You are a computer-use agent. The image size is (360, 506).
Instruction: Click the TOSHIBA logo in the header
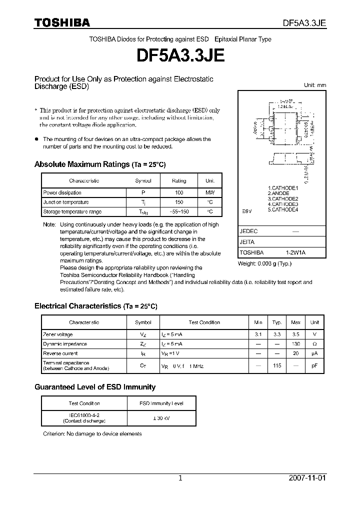click(62, 23)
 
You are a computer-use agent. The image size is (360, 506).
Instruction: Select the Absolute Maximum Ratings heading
click(99, 164)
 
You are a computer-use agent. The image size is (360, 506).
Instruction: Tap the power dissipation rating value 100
click(179, 192)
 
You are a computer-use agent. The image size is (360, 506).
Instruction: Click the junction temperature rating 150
click(179, 202)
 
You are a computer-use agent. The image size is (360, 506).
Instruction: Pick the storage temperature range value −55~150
click(179, 211)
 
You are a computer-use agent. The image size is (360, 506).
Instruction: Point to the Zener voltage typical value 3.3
click(276, 334)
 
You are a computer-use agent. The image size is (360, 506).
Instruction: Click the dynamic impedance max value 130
click(295, 344)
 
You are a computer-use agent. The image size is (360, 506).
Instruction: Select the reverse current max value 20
click(295, 353)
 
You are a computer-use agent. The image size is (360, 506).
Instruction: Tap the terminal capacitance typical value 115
click(276, 365)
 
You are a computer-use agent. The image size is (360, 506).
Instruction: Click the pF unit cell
click(314, 365)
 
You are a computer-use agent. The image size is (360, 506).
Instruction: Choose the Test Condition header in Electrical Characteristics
click(204, 322)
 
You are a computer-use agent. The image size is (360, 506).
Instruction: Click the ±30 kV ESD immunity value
click(161, 418)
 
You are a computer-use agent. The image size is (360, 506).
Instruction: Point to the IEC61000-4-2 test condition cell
click(84, 418)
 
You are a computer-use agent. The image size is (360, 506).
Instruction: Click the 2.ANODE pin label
click(278, 193)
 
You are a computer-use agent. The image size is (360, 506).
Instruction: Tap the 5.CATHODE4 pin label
click(283, 210)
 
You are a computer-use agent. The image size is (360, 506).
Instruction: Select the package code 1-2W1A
click(295, 252)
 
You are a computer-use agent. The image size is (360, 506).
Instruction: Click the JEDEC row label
click(248, 231)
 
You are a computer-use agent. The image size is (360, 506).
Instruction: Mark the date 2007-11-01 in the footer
click(307, 478)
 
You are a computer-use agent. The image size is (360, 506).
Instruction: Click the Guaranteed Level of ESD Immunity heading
click(95, 387)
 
